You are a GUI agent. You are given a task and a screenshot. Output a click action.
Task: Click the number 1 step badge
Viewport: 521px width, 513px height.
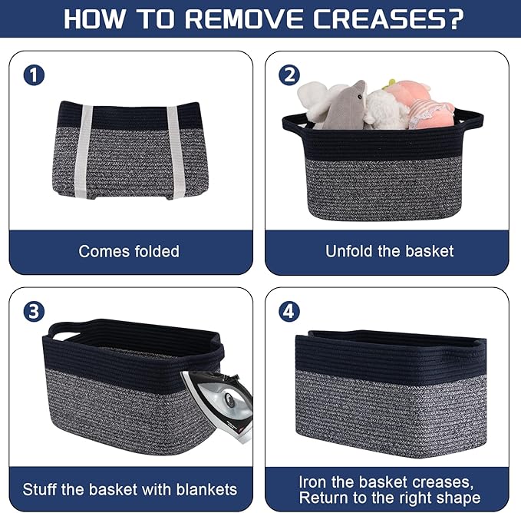[x=35, y=75]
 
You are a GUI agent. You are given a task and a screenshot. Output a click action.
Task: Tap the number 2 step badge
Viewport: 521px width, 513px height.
[x=290, y=75]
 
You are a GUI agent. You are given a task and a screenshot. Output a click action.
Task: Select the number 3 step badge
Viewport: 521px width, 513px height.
[x=35, y=312]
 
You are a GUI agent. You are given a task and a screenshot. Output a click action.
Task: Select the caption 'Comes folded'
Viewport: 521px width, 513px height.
[x=129, y=251]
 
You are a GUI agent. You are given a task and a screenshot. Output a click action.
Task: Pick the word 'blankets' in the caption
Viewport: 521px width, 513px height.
[x=202, y=489]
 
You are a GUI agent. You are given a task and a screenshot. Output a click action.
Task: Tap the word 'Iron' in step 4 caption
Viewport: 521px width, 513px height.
[x=314, y=482]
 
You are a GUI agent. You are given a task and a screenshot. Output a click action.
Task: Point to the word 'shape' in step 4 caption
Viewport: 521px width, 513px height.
[x=459, y=498]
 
